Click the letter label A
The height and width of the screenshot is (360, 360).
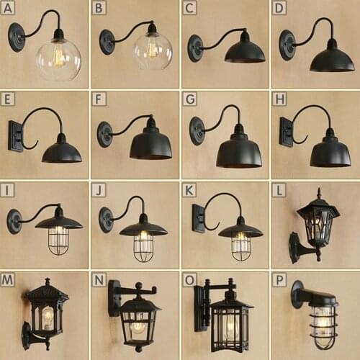click(x=9, y=9)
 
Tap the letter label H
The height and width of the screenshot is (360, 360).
click(x=280, y=99)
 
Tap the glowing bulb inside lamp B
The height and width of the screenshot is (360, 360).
click(x=152, y=48)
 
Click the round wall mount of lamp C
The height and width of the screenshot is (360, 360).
click(x=195, y=48)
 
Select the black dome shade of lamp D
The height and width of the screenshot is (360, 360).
click(x=331, y=59)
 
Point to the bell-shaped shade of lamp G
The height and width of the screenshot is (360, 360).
click(x=239, y=150)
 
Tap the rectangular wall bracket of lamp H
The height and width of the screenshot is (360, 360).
click(x=286, y=132)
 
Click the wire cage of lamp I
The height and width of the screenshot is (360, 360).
click(x=59, y=240)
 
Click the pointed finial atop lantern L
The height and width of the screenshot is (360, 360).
click(x=318, y=192)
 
